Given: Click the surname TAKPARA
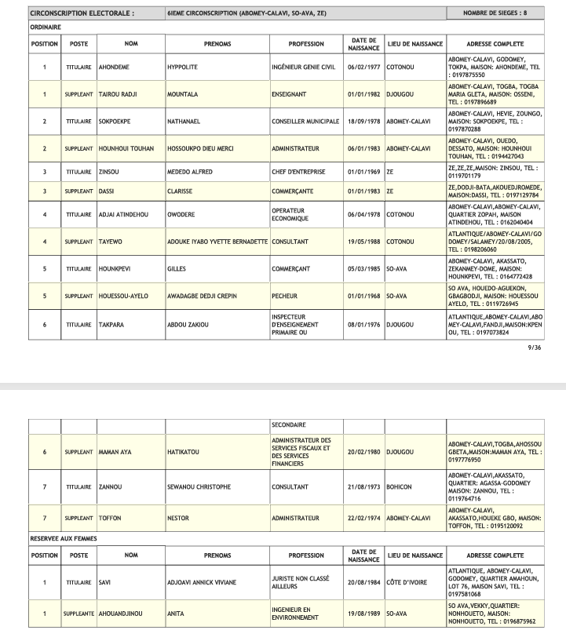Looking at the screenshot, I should tap(113, 324).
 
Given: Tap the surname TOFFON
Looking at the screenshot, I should tap(111, 519).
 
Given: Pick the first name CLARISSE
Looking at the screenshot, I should tap(181, 191).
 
